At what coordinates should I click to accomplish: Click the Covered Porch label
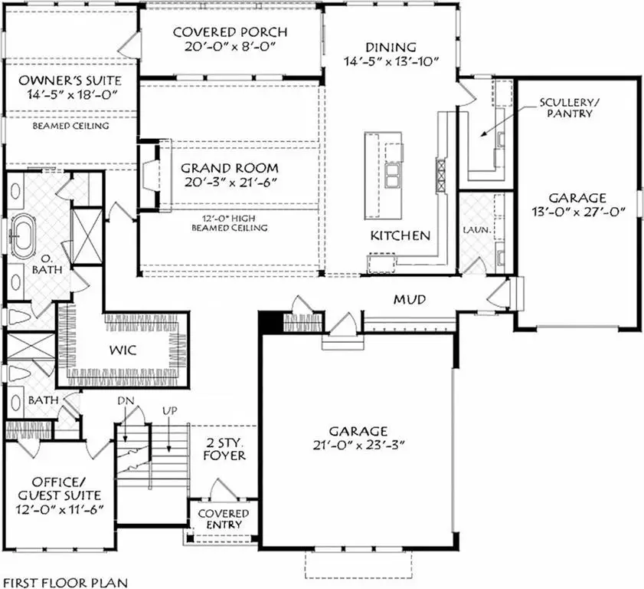(230, 32)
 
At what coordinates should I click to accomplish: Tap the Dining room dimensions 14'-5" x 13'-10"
(391, 62)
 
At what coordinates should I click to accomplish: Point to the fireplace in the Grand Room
(150, 176)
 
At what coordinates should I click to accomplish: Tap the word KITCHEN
(400, 235)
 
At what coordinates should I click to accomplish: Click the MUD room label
(410, 299)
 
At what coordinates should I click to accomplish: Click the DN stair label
(126, 402)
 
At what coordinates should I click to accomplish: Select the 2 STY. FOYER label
(227, 449)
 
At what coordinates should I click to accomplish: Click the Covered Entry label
(224, 518)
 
